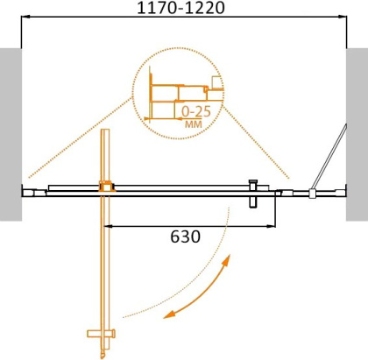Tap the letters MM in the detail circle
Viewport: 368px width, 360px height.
pos(194,124)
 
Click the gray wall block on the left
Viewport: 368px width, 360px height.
pos(10,131)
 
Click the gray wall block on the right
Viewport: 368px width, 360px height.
pos(357,131)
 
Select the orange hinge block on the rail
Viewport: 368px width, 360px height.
pos(107,187)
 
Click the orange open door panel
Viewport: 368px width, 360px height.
pos(106,263)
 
